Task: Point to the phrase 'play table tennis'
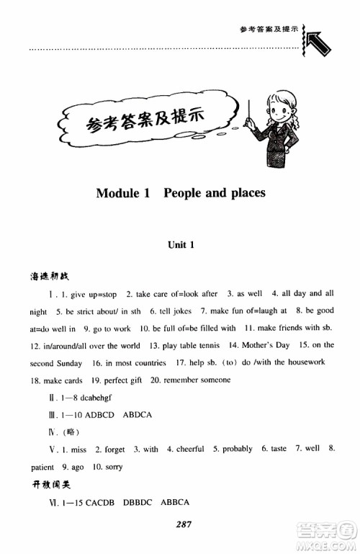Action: click(x=174, y=347)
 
